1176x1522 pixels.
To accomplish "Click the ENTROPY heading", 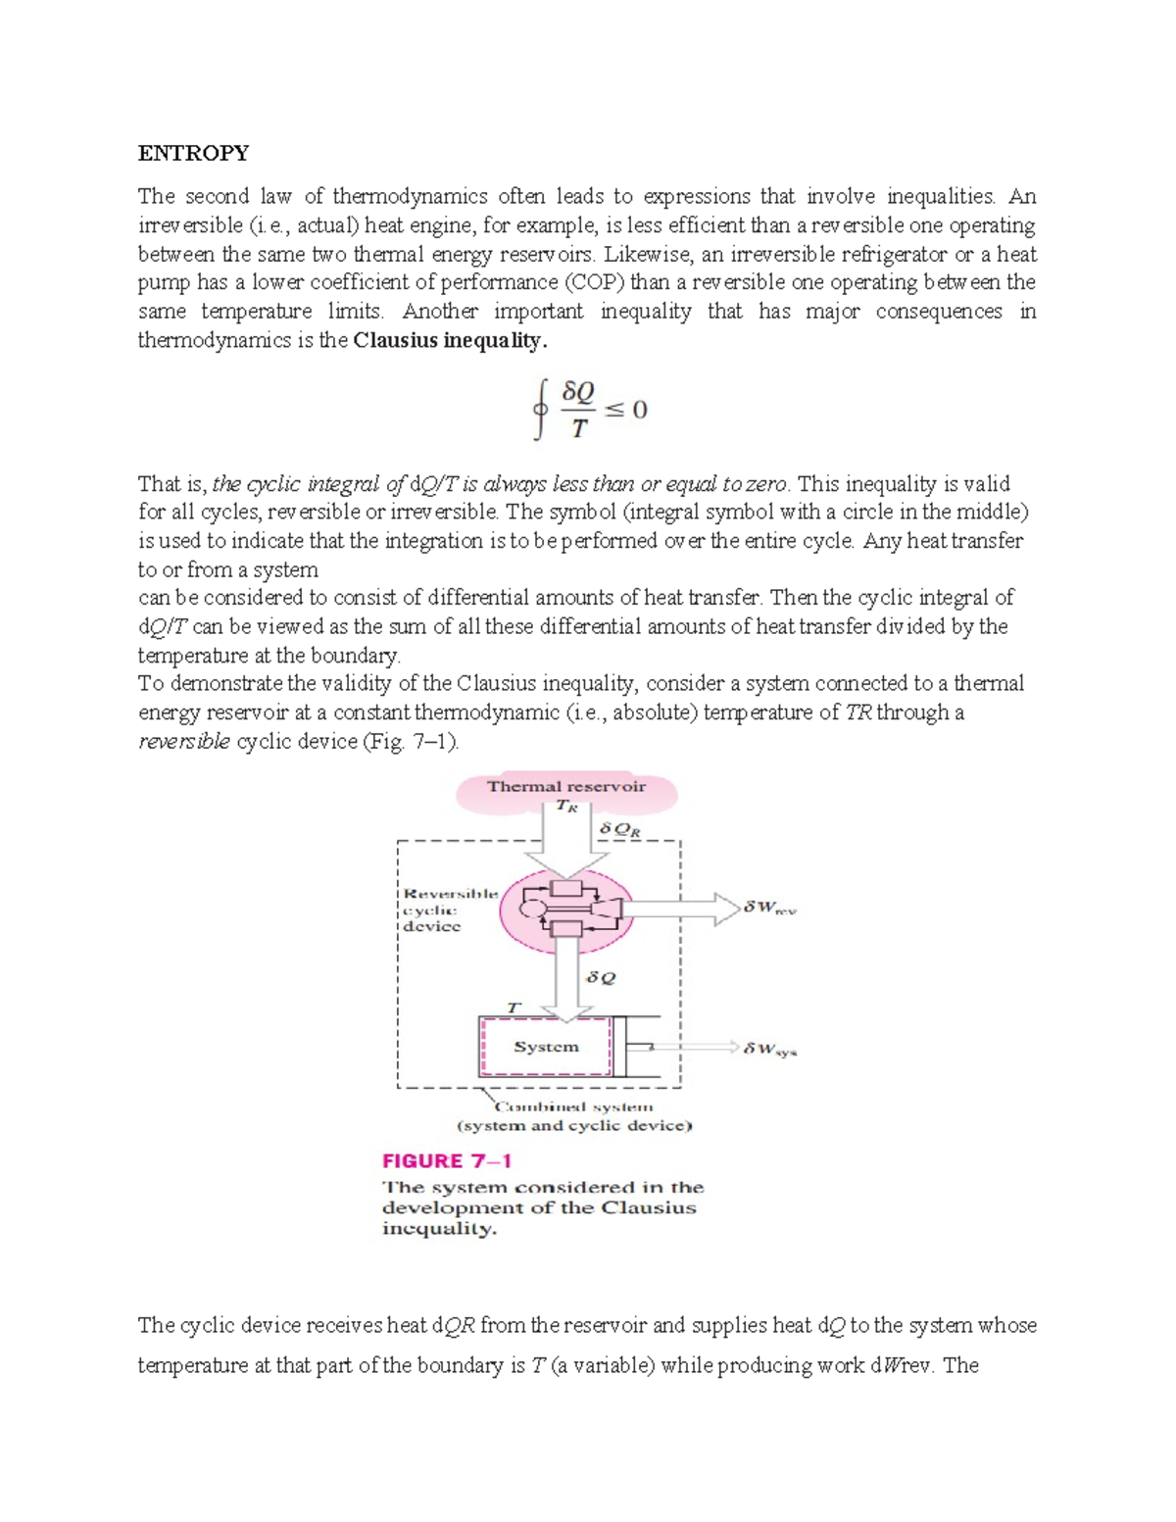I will click(193, 153).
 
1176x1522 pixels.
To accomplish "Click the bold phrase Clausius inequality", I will click(450, 341).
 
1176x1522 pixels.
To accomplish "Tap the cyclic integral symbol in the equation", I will click(539, 411).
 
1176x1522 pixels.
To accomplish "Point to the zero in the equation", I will click(639, 410).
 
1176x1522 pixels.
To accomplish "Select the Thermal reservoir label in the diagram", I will click(565, 786).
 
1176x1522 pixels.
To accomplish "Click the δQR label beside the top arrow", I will click(619, 829).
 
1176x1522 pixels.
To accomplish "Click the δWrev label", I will click(769, 908).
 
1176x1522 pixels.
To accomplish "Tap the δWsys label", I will click(769, 1050).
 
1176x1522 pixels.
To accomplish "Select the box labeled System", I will click(546, 1047).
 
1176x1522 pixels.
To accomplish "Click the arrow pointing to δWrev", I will click(686, 908).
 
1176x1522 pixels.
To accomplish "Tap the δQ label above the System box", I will click(601, 978).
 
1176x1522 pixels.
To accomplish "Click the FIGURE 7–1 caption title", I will click(447, 1161).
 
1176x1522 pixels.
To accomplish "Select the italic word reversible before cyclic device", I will click(184, 742).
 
